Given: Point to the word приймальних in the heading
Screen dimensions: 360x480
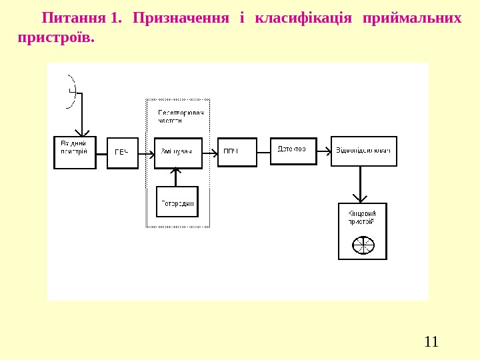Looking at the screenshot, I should click(411, 17).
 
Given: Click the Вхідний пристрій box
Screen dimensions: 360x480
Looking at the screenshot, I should click(75, 153).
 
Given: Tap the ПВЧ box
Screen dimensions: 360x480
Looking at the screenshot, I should click(122, 153).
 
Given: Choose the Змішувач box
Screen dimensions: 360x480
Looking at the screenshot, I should click(178, 153).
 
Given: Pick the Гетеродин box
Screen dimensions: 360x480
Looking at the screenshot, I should click(177, 202).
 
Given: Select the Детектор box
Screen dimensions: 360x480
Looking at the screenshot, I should click(292, 149).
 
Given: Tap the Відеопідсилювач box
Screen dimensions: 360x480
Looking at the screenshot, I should click(363, 151).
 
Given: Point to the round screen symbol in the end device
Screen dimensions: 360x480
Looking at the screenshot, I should click(363, 245).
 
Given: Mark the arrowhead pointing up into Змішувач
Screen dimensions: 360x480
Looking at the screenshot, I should click(176, 172).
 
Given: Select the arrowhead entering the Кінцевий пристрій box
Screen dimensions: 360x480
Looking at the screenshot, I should click(360, 198).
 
